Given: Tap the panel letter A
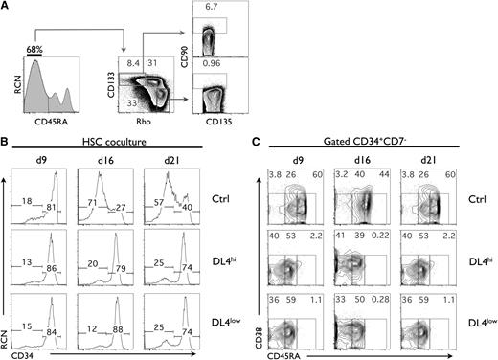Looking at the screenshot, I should click(7, 6).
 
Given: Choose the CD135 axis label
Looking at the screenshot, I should click(219, 121).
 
